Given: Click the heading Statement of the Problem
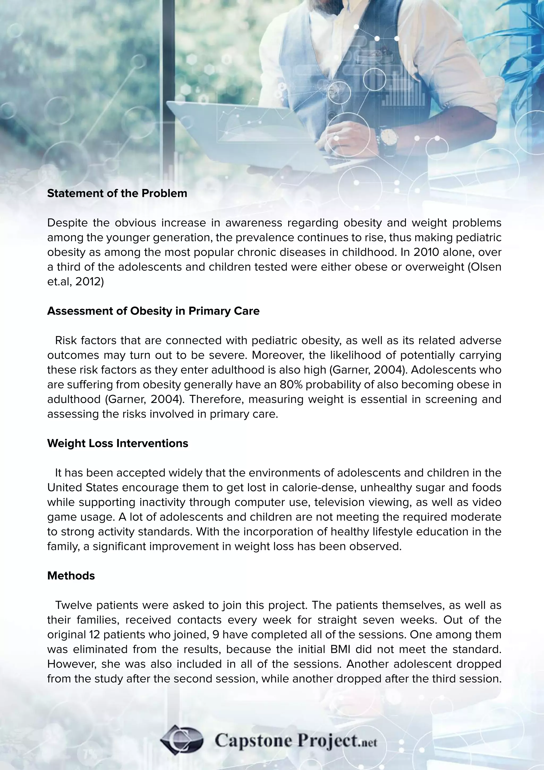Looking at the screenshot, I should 117,193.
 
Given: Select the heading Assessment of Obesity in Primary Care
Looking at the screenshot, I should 153,311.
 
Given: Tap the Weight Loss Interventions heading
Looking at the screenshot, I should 118,443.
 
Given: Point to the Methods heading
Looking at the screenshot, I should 71,575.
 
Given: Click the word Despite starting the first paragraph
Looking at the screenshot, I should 67,223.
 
